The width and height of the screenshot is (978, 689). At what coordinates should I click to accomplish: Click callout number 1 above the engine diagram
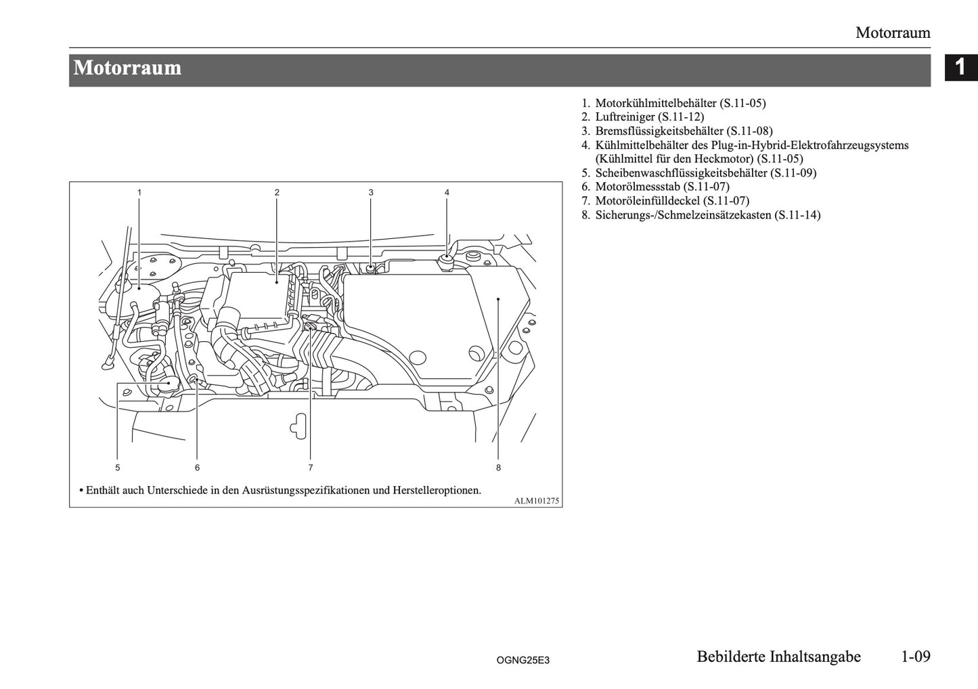[x=139, y=192]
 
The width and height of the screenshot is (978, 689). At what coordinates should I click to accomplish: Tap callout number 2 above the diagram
[x=277, y=192]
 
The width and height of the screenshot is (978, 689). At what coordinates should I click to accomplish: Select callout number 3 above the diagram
[x=371, y=192]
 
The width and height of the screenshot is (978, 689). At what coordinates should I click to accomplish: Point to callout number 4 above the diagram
[x=447, y=192]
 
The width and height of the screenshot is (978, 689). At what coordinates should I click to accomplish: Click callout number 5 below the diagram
[x=118, y=467]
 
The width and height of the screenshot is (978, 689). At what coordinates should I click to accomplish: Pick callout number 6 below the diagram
[x=198, y=467]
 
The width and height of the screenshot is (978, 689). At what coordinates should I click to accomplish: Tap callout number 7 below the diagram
[x=311, y=467]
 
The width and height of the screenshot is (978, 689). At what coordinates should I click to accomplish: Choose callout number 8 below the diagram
[x=498, y=467]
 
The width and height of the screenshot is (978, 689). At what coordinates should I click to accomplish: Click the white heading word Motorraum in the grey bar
[x=128, y=68]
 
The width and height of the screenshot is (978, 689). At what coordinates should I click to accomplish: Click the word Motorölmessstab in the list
[x=638, y=187]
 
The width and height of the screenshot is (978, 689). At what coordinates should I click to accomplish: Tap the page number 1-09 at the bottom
[x=916, y=657]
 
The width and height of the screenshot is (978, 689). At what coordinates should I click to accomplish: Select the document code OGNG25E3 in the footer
[x=523, y=659]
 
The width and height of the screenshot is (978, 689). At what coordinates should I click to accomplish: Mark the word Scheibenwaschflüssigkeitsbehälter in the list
[x=682, y=173]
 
